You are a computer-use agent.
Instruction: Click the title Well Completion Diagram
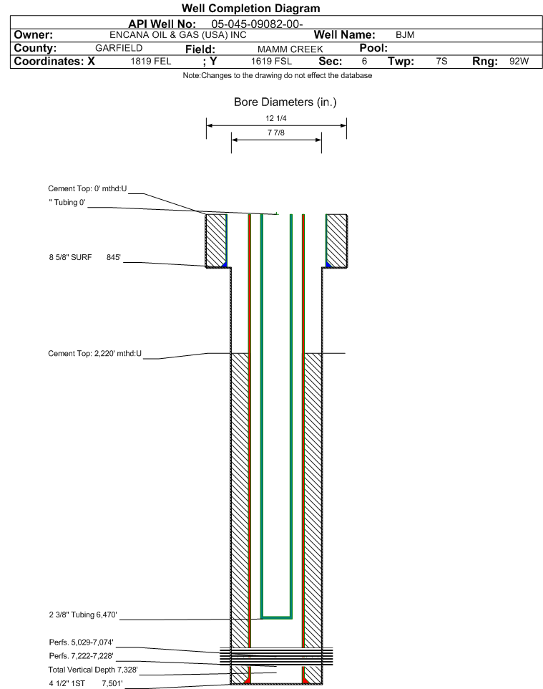click(x=251, y=9)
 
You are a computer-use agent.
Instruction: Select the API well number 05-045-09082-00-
click(x=258, y=24)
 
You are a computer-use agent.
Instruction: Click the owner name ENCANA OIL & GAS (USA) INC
click(x=178, y=35)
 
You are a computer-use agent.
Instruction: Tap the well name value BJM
click(x=405, y=35)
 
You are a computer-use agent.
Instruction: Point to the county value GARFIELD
click(x=119, y=48)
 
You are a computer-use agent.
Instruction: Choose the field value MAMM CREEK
click(x=290, y=49)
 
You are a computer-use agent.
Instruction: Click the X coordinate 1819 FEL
click(x=150, y=61)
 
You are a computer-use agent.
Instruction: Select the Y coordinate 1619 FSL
click(x=271, y=61)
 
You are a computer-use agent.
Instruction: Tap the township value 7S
click(x=441, y=61)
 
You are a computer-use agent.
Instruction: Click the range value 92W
click(x=519, y=61)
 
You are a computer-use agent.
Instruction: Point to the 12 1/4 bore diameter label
click(x=276, y=118)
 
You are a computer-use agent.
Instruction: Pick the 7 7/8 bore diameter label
click(x=276, y=132)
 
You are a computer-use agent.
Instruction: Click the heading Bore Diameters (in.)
click(x=285, y=102)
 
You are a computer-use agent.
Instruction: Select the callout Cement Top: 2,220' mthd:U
click(x=95, y=354)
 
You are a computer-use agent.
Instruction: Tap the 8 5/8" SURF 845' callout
click(x=84, y=258)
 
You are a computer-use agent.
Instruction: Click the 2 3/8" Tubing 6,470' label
click(x=83, y=615)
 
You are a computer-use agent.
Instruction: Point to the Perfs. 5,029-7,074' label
click(x=82, y=642)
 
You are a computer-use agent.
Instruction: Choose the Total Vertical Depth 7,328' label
click(x=93, y=670)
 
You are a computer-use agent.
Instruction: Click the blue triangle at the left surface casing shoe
click(x=225, y=264)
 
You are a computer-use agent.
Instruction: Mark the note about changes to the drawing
click(x=278, y=76)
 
